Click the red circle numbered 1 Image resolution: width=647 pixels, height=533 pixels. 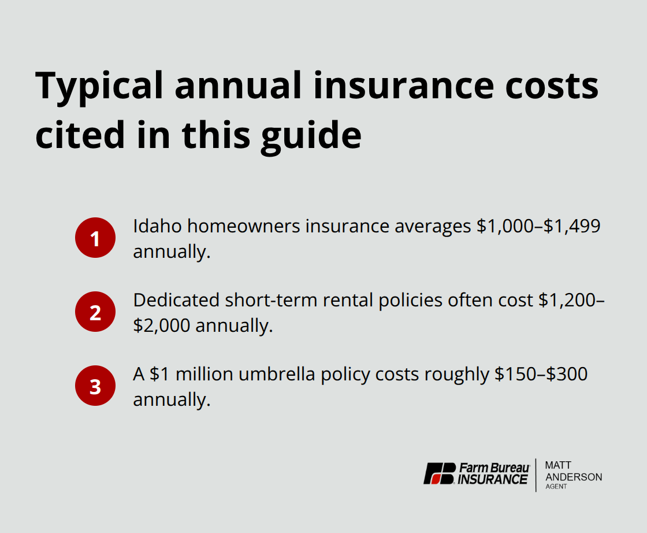(x=95, y=238)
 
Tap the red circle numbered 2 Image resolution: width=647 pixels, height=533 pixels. (x=95, y=312)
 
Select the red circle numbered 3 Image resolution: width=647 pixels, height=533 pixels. (x=95, y=386)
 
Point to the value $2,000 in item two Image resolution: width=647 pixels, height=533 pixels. (x=162, y=325)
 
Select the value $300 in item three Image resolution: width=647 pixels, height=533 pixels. (x=567, y=374)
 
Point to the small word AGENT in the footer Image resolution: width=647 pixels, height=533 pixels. (x=556, y=487)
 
